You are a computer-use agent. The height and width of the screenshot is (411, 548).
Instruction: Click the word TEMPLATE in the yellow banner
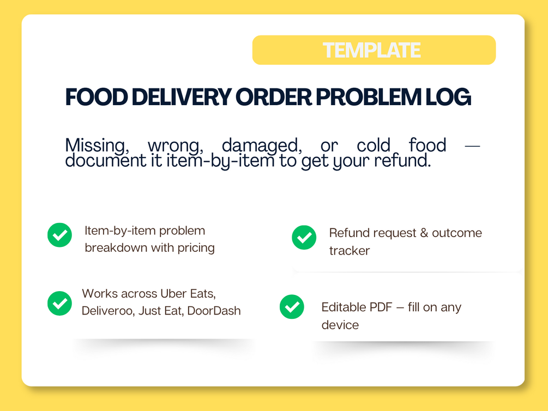(371, 50)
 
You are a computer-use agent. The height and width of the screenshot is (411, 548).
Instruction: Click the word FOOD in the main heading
(97, 97)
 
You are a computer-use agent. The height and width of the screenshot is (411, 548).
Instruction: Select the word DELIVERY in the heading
(182, 97)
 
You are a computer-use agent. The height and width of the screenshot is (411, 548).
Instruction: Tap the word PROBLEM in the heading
(369, 97)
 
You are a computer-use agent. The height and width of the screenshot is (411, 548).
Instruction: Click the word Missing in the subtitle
(97, 146)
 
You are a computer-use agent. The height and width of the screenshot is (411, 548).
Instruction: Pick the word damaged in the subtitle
(262, 146)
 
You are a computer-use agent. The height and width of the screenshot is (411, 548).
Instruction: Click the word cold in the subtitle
(374, 144)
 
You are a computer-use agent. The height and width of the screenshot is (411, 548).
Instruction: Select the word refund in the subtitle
(402, 160)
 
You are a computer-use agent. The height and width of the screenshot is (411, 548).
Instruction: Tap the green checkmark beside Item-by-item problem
(60, 235)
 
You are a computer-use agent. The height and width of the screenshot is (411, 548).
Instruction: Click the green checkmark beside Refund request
(304, 237)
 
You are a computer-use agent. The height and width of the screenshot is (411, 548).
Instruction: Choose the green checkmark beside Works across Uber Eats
(60, 303)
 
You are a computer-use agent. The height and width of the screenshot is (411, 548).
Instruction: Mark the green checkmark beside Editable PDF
(292, 307)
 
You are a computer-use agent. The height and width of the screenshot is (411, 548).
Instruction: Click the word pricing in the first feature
(196, 248)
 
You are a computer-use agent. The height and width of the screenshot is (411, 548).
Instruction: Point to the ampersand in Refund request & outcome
(424, 233)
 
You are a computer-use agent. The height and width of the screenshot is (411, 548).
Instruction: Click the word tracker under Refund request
(350, 251)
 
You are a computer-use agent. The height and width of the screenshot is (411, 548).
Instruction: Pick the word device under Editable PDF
(340, 325)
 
